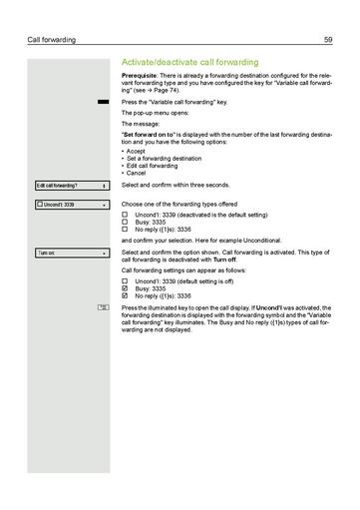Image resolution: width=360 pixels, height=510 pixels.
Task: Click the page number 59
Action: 328,40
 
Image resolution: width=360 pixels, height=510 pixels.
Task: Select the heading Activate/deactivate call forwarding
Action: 188,62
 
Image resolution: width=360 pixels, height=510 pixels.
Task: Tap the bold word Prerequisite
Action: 139,77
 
